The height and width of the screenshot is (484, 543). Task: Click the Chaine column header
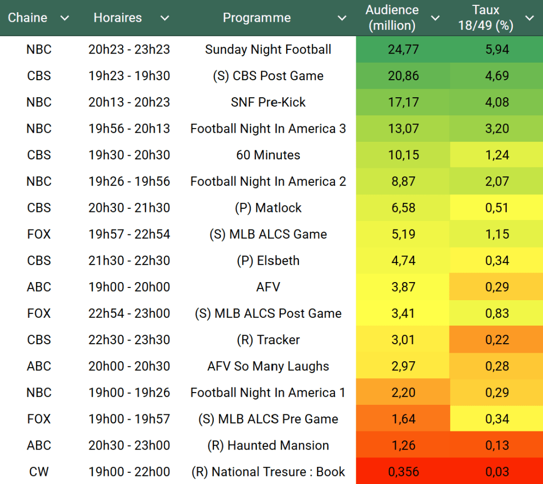[x=27, y=18]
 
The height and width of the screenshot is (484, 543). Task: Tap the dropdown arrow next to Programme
[x=342, y=18]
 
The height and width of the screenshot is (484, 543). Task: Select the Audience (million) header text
[x=392, y=18]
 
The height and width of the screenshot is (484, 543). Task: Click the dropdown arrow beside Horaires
[x=165, y=18]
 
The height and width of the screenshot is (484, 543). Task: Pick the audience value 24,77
[x=403, y=49]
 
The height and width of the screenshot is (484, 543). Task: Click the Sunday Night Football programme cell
[x=268, y=49]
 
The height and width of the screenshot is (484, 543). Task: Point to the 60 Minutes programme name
[x=268, y=155]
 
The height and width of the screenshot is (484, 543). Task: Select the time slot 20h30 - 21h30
[x=129, y=208]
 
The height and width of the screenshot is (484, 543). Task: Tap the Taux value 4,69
[x=497, y=76]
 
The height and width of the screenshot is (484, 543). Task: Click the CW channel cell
[x=39, y=472]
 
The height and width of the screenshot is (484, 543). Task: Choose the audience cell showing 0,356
[x=403, y=472]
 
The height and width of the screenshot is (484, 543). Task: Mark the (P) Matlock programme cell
[x=268, y=208]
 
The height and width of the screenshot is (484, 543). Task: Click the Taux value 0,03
[x=497, y=472]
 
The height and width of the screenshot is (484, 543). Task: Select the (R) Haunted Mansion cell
[x=268, y=445]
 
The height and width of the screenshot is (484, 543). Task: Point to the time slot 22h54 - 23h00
[x=129, y=313]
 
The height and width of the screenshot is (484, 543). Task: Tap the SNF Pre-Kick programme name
[x=268, y=102]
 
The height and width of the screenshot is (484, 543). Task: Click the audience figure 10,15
[x=403, y=155]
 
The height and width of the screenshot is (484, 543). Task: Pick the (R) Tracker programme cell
[x=268, y=339]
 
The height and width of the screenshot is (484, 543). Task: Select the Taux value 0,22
[x=497, y=339]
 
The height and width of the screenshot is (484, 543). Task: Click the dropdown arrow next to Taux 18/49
[x=529, y=18]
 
